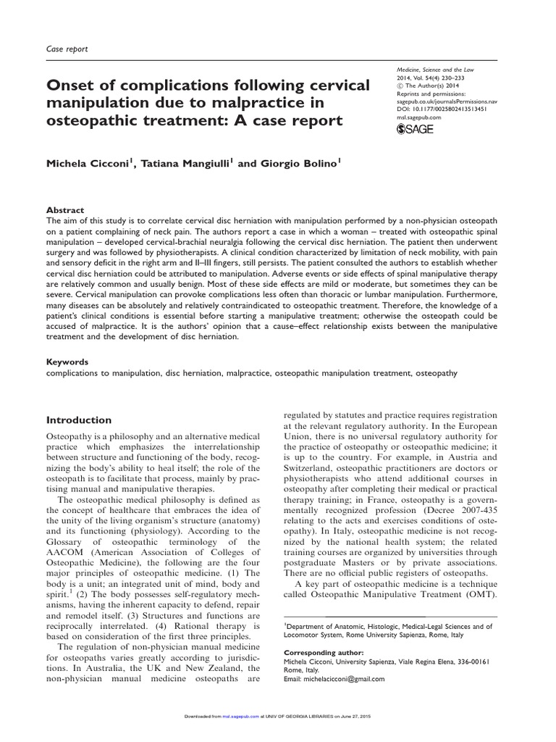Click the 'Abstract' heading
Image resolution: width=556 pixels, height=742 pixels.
pyautogui.click(x=65, y=209)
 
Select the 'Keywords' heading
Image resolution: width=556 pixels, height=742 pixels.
pyautogui.click(x=67, y=361)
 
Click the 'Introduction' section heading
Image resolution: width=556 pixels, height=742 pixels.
pyautogui.click(x=79, y=420)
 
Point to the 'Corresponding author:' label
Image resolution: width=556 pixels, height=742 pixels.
pyautogui.click(x=321, y=651)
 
